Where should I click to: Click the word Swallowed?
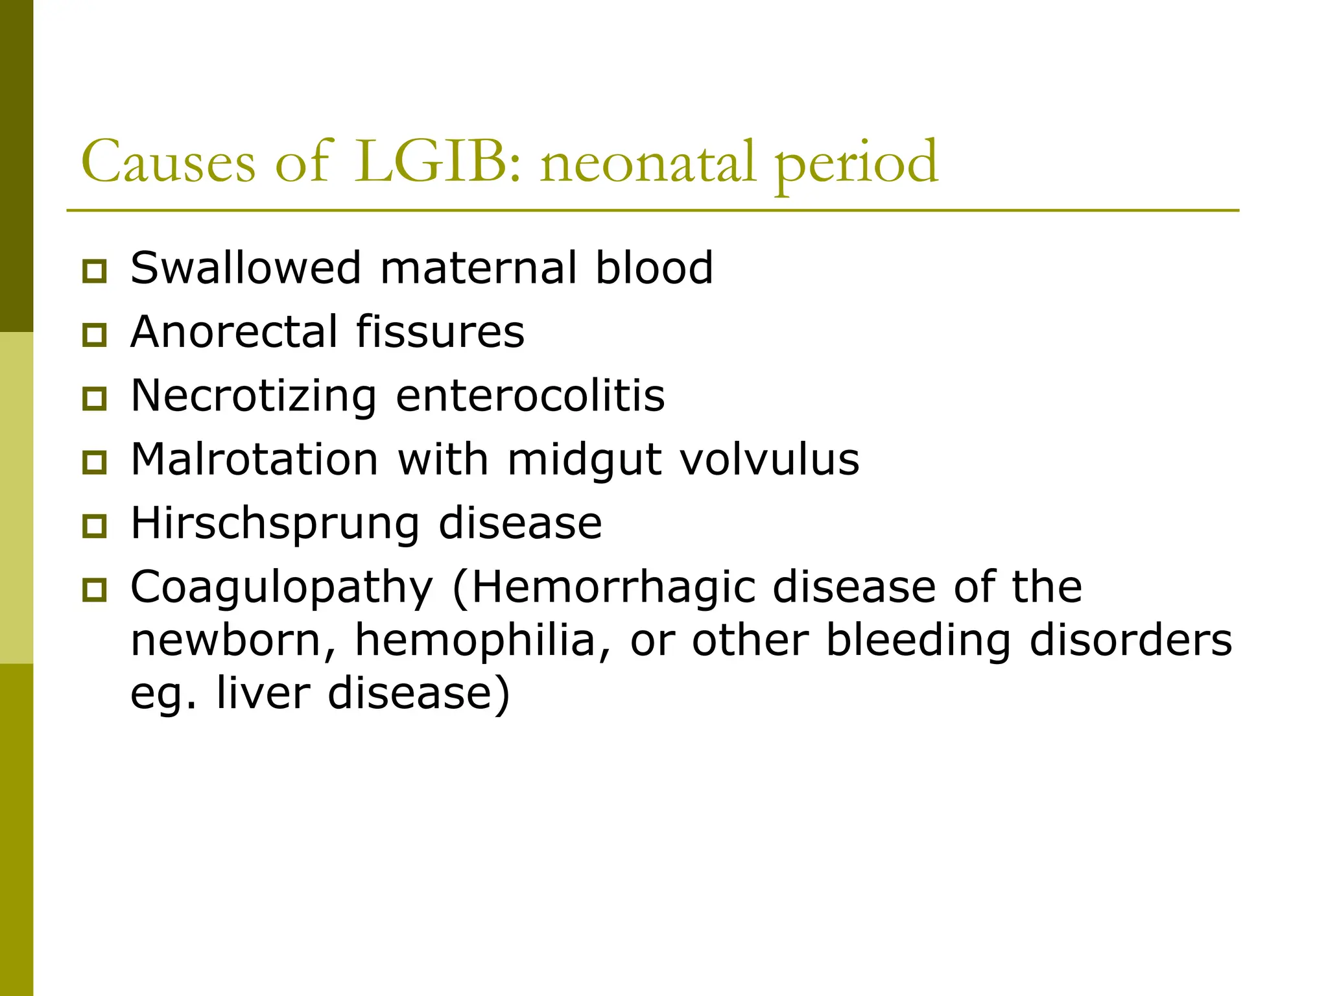click(246, 268)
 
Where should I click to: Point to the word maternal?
click(479, 268)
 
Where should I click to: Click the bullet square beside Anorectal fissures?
click(95, 335)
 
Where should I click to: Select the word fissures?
click(440, 331)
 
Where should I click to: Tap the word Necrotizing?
click(254, 396)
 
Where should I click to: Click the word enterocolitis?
click(530, 396)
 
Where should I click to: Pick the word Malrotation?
click(254, 459)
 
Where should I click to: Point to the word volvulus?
click(770, 459)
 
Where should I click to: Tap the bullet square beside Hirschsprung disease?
click(95, 526)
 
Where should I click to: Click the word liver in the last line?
click(263, 693)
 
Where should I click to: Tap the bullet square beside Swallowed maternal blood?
click(95, 271)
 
